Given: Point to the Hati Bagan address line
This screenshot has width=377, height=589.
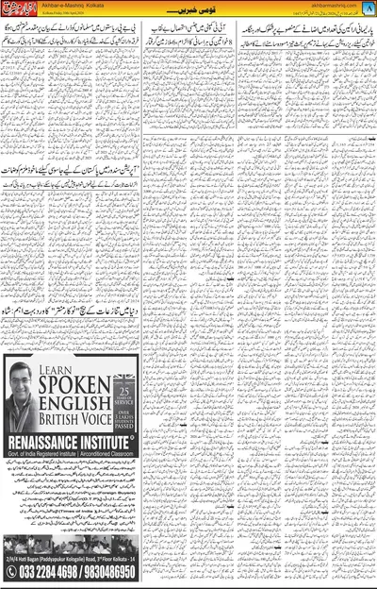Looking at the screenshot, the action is pos(71,559).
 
